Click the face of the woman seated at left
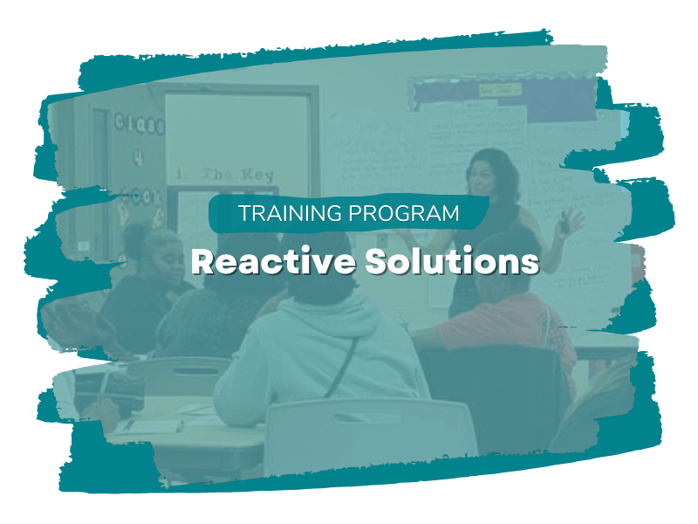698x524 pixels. [161, 253]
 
